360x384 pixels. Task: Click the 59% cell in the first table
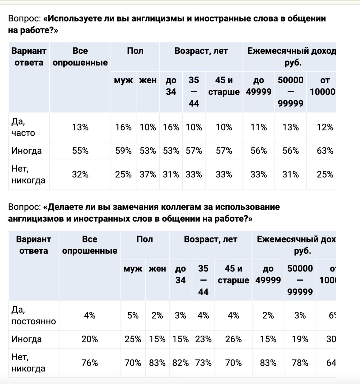[123, 151]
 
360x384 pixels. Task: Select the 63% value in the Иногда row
[325, 151]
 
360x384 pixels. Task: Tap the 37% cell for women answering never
[148, 175]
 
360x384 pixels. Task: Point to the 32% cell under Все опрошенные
[80, 175]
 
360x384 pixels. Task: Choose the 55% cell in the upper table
[80, 151]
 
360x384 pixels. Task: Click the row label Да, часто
[23, 127]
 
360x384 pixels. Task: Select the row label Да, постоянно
[33, 316]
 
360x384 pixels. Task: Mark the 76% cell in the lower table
[90, 363]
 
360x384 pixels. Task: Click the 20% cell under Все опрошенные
[90, 339]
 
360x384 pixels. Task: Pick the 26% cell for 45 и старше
[233, 339]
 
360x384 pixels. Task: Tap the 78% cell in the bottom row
[300, 363]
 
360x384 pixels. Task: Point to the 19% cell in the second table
[300, 339]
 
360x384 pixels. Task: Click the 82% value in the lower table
[180, 363]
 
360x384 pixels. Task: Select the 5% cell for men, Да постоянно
[133, 316]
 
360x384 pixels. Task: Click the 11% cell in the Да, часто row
[259, 127]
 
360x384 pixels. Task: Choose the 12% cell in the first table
[325, 127]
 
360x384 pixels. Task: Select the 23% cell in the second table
[203, 339]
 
